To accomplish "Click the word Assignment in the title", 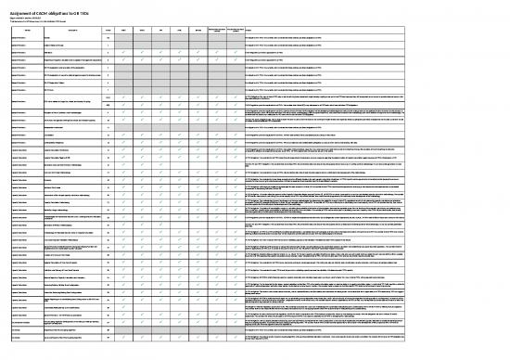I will pos(21,6).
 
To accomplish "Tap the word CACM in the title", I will pos(51,6).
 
